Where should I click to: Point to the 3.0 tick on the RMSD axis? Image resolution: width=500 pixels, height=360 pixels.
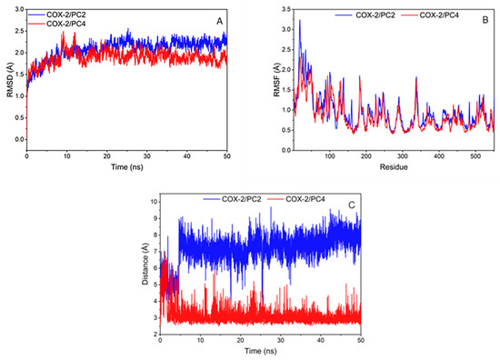tap(18, 10)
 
